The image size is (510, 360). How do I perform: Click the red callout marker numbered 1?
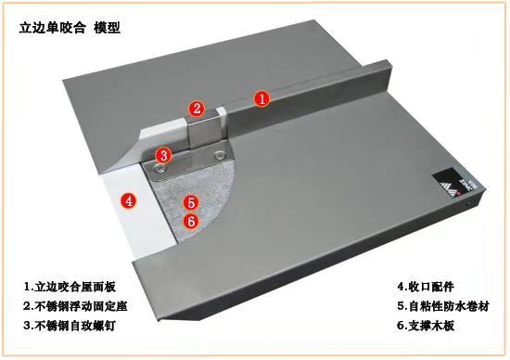click(262, 98)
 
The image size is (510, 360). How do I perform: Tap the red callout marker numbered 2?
click(197, 109)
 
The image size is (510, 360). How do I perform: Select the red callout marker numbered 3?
click(163, 155)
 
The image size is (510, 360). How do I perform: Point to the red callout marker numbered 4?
click(129, 200)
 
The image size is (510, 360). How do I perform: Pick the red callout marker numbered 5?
click(191, 202)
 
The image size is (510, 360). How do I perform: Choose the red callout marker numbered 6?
click(191, 221)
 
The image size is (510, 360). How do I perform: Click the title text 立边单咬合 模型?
click(70, 28)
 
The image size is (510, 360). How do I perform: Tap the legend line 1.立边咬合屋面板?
click(70, 287)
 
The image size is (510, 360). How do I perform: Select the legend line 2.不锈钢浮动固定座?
click(75, 306)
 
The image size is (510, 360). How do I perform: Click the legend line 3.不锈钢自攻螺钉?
click(70, 326)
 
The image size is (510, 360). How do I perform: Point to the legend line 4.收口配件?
click(426, 287)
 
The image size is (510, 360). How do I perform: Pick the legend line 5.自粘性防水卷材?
click(443, 306)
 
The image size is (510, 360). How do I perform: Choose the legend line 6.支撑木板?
click(426, 326)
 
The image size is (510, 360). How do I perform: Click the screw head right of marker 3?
click(220, 156)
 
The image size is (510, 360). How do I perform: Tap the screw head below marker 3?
click(159, 169)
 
